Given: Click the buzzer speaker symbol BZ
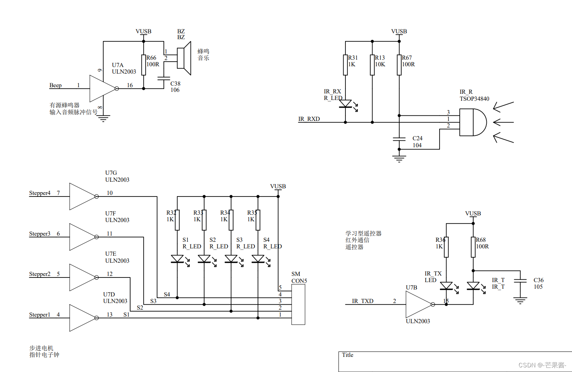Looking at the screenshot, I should pos(184,58).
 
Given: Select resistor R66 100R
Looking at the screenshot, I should pos(144,65).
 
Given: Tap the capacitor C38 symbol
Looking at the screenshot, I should pos(164,78).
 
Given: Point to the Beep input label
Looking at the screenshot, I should pos(55,85).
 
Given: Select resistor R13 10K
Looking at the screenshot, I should pos(372,65).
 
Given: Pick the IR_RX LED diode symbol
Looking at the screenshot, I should pos(345,104).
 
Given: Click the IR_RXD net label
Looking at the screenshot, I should pos(309,119).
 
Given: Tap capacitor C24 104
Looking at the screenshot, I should pos(399,139).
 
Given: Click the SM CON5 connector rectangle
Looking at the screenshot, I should pos(298,305).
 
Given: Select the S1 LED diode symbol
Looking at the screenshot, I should pos(177,259).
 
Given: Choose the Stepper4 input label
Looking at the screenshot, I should pos(40,193).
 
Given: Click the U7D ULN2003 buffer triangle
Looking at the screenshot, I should pos(82,318).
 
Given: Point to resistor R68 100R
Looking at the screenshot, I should pos(473,247).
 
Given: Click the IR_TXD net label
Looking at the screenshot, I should pos(362,301).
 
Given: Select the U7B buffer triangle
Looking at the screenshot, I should pos(418,304).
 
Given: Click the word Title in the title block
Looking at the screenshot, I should pos(347,355).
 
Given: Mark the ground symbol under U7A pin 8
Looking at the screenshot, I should pos(103,118).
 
